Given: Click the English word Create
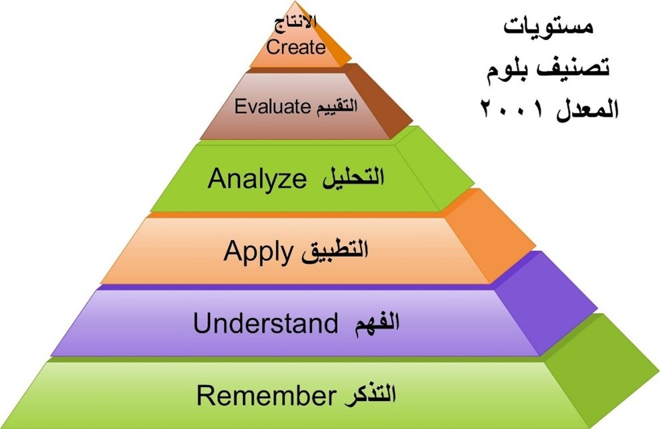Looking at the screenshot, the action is coord(295,47).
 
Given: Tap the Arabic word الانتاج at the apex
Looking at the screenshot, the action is coord(295,22).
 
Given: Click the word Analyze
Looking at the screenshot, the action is coord(257,179).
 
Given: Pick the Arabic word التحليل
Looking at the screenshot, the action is coord(353,178).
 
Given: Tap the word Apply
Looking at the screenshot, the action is coord(258,252).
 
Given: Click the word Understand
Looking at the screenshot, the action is coord(265,323).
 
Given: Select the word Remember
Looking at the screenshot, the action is coord(266,395).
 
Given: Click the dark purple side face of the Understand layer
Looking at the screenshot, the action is coord(547,303).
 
